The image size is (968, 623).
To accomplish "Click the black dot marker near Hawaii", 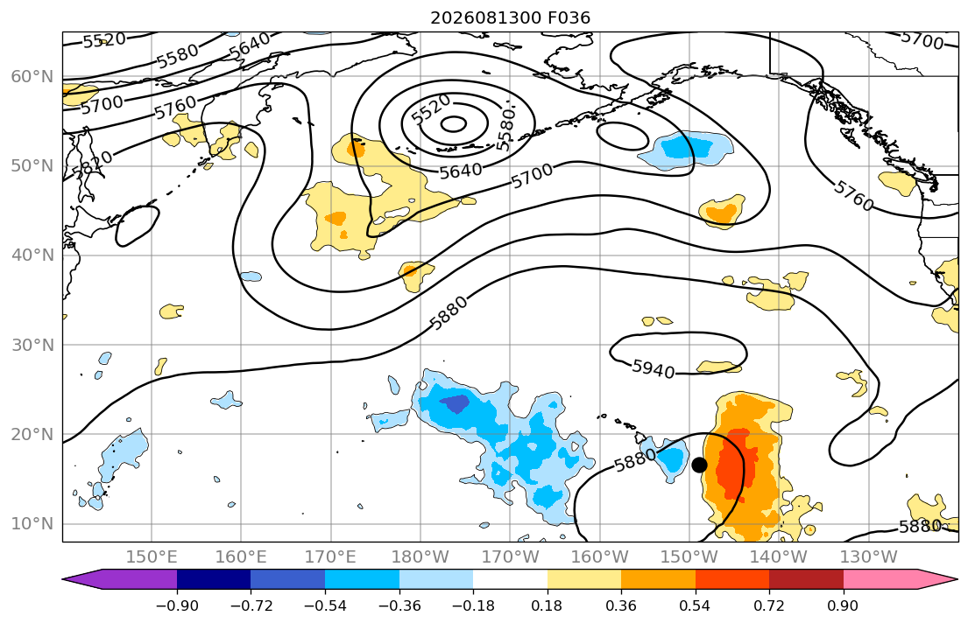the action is (699, 465).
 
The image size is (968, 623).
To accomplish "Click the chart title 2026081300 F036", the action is (510, 17).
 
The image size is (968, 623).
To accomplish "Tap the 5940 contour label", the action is (654, 369).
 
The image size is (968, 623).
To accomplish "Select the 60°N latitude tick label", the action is (32, 76).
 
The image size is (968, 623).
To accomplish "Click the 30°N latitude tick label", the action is (32, 345).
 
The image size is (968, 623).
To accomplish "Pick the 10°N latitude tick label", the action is (32, 524).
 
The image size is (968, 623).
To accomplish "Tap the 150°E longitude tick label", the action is (152, 557).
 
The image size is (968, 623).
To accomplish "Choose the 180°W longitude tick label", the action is (420, 557).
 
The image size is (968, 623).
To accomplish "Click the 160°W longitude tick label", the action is (600, 557).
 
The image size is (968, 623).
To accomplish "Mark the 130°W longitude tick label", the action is (869, 557).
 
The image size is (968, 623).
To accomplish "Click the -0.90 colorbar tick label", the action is (177, 605).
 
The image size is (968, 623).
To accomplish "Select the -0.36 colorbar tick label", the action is (399, 605).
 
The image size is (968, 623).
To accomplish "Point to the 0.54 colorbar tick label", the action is (696, 605).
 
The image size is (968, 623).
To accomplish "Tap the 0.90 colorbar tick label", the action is (844, 605).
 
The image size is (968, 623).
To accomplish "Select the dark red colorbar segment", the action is (806, 579).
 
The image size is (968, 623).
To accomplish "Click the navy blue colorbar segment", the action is (214, 579).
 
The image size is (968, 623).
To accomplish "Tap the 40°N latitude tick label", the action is (32, 255).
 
